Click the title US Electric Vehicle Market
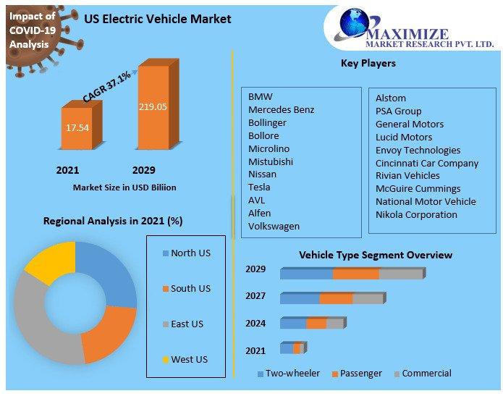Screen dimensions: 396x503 click(157, 19)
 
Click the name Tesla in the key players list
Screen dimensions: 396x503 click(259, 187)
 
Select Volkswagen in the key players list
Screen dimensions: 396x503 click(274, 226)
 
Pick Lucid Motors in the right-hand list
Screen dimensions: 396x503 click(403, 137)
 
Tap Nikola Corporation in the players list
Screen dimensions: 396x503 click(416, 214)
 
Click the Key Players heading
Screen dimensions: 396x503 click(368, 64)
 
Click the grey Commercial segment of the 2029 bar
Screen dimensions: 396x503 click(400, 274)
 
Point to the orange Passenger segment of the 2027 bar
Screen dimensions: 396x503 click(336, 298)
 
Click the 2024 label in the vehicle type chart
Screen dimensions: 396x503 click(255, 323)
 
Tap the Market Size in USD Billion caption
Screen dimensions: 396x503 click(124, 188)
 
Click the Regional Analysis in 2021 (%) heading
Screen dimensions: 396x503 click(113, 221)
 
